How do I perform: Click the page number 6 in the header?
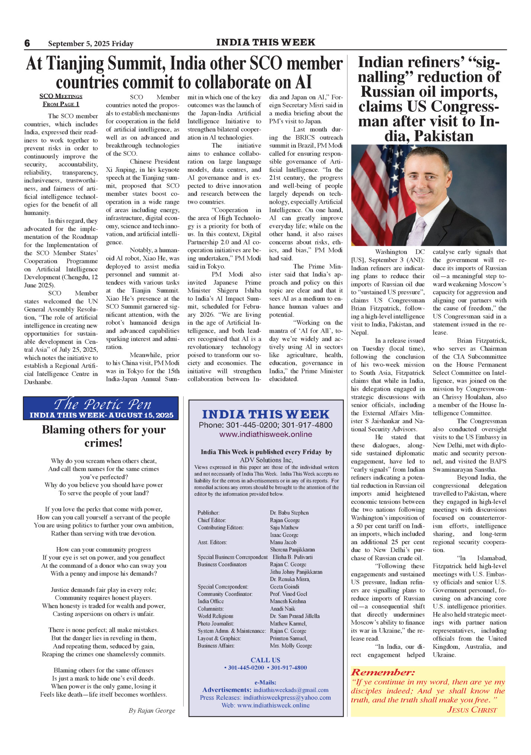[27, 43]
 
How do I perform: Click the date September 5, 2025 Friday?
[90, 44]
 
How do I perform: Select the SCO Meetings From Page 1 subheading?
[61, 100]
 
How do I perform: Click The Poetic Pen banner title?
[102, 404]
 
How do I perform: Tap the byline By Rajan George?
[152, 711]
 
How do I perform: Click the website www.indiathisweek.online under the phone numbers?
[265, 434]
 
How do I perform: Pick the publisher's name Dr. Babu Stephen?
[289, 513]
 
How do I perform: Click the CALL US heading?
[265, 660]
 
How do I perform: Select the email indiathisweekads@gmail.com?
[291, 690]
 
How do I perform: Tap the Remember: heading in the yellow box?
[383, 673]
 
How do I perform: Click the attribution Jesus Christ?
[472, 710]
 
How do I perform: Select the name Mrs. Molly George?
[291, 646]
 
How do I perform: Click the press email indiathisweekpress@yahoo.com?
[287, 697]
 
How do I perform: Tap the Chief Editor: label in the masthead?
[212, 520]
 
